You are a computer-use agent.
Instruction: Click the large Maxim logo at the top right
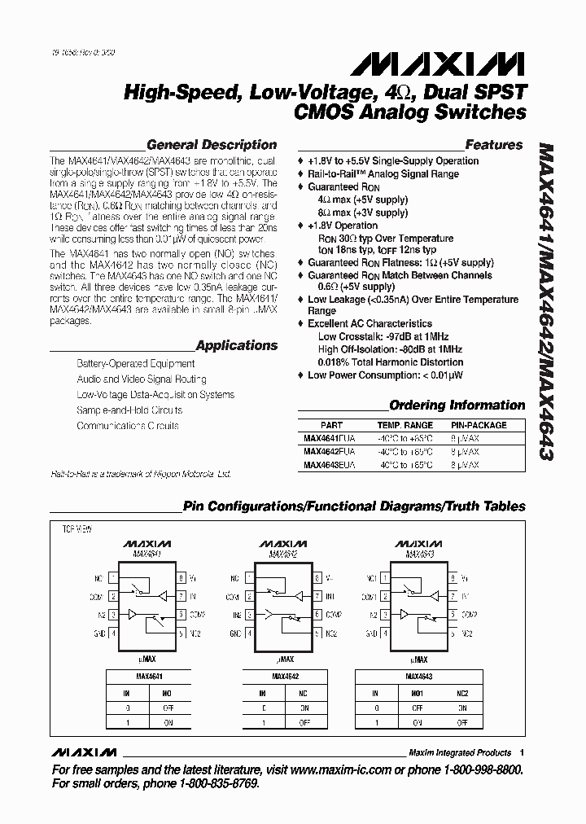coord(468,64)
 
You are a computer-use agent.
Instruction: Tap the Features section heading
coord(493,145)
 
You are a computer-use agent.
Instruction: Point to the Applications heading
coord(236,345)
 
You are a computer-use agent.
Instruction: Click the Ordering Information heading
coord(457,405)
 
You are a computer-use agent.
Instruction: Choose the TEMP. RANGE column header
coord(405,425)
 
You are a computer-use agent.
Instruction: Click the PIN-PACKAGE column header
coord(479,425)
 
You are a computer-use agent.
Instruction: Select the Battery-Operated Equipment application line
coord(135,364)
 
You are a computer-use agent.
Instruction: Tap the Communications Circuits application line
coord(127,426)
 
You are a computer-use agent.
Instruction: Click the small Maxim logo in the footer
coord(84,752)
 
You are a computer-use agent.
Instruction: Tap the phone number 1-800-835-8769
coord(212,783)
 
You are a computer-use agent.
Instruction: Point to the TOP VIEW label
coord(77,528)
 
